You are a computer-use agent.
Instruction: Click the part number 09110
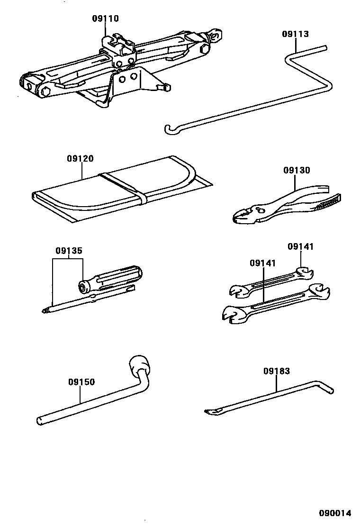pyautogui.click(x=105, y=19)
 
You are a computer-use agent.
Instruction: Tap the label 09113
pyautogui.click(x=295, y=34)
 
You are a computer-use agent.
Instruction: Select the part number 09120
pyautogui.click(x=80, y=159)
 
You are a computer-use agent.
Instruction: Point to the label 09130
pyautogui.click(x=297, y=171)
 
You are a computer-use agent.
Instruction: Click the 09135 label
pyautogui.click(x=69, y=250)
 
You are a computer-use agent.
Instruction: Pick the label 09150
pyautogui.click(x=81, y=382)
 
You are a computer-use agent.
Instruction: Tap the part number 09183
pyautogui.click(x=277, y=372)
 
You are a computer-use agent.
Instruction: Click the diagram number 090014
pyautogui.click(x=335, y=513)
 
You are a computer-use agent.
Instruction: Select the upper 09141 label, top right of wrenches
pyautogui.click(x=301, y=247)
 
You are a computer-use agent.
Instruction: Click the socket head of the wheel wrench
pyautogui.click(x=139, y=366)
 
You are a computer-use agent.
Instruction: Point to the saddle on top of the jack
pyautogui.click(x=116, y=41)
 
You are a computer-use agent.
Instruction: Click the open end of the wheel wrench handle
pyautogui.click(x=39, y=420)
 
